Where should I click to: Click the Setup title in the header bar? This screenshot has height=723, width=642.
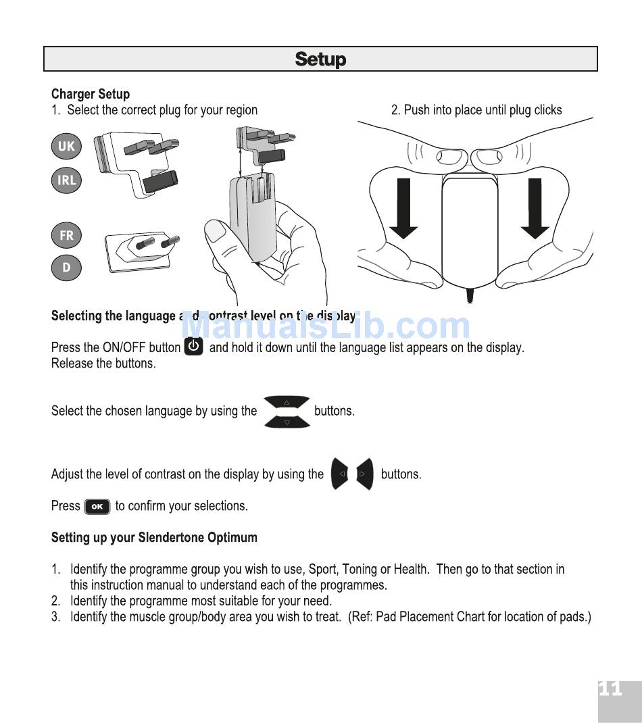pos(320,59)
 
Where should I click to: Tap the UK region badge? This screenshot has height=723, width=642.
pos(66,146)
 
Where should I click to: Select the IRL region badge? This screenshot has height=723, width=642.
pos(66,180)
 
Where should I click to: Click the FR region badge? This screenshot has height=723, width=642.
pos(66,235)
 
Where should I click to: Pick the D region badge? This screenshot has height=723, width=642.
pos(66,267)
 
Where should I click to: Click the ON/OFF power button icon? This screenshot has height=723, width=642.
pos(194,347)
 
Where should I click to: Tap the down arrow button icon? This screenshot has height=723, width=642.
pos(287,422)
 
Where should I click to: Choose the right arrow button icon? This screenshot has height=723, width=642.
pos(364,474)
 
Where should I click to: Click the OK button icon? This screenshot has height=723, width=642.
pos(97,506)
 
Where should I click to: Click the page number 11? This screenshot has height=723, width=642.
pos(610,689)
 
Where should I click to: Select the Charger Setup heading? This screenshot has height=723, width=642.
pos(91,94)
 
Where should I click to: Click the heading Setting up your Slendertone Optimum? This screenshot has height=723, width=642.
pos(154,538)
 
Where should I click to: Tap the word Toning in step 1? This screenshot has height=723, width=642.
pos(360,569)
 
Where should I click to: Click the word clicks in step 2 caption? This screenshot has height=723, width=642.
pos(547,109)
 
